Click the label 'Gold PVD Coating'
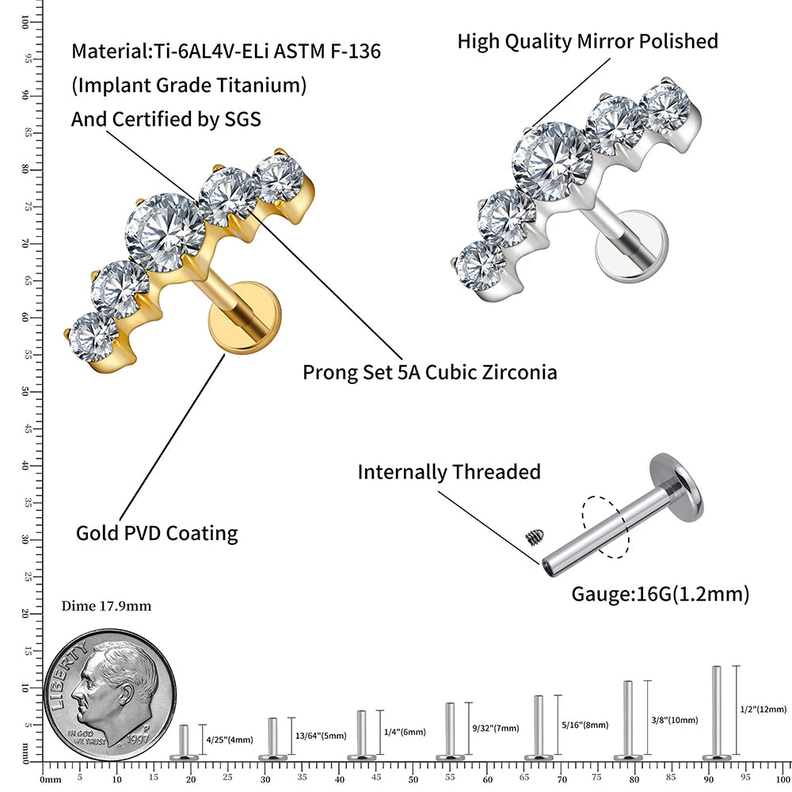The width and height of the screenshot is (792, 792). point(157,533)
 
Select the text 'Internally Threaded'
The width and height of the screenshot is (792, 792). point(449,472)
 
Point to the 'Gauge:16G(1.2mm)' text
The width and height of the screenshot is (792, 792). point(660,593)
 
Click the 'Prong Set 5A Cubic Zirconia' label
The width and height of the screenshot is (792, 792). point(429,371)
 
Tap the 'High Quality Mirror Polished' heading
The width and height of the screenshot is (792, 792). point(588,41)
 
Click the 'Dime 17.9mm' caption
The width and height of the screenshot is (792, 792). point(106,607)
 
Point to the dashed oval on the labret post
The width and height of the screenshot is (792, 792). point(606,527)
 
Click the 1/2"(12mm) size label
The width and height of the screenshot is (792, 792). point(763,709)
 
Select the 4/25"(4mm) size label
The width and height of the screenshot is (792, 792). point(230,740)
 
